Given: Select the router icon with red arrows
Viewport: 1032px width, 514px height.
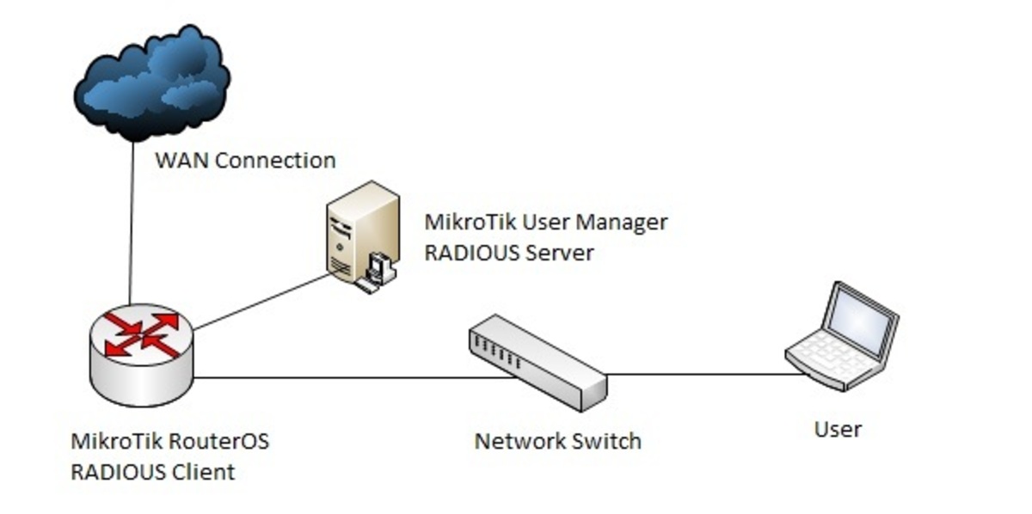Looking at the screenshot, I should (142, 357).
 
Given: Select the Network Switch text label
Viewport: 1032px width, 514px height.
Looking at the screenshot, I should (557, 442).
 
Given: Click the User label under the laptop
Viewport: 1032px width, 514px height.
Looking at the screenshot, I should (838, 428).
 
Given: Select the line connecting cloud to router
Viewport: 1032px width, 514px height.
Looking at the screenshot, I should (132, 223).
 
